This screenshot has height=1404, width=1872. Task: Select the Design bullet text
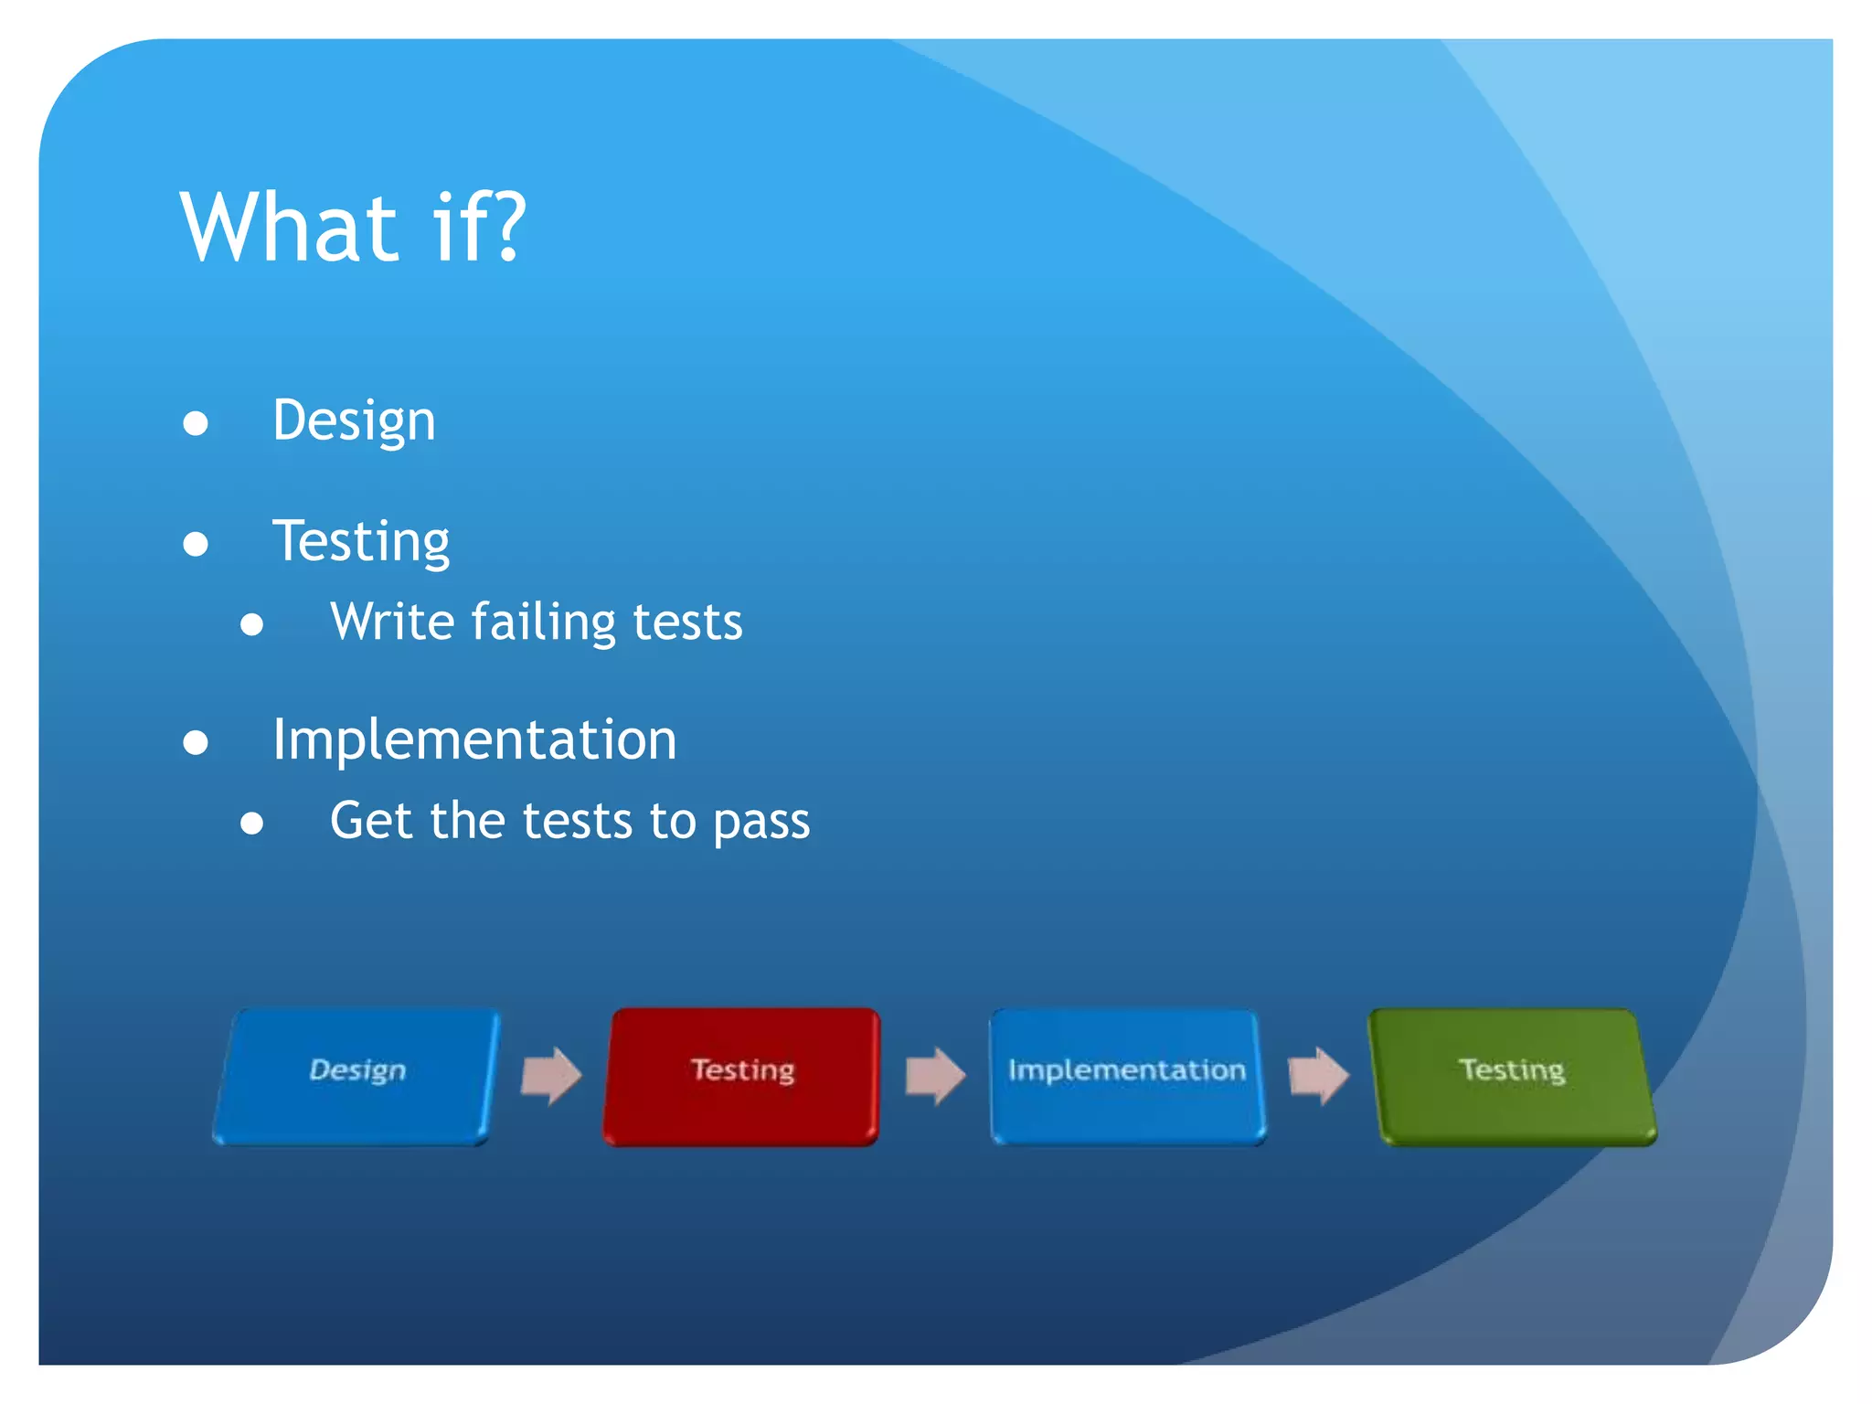coord(354,421)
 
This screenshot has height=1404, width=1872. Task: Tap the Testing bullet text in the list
coord(361,541)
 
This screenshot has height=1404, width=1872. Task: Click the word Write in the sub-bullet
coord(392,622)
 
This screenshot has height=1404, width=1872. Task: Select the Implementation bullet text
coord(474,739)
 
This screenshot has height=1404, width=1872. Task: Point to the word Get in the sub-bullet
coord(371,820)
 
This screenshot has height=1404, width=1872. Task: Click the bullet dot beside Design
coord(196,423)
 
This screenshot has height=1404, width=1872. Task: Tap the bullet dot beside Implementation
coord(196,741)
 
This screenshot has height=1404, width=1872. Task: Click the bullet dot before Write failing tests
coord(252,624)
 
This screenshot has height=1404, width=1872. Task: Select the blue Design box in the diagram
coord(356,1076)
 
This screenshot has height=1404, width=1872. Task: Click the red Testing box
coord(741,1076)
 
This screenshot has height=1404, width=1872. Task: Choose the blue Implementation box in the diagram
coord(1127,1076)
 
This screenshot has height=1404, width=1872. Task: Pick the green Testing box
coord(1513,1076)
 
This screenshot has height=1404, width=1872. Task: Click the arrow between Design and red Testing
coord(551,1076)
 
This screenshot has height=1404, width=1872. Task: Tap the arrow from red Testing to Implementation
coord(935,1076)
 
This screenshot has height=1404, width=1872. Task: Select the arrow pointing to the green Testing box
coord(1318,1076)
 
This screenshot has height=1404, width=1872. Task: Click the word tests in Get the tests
coord(577,821)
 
